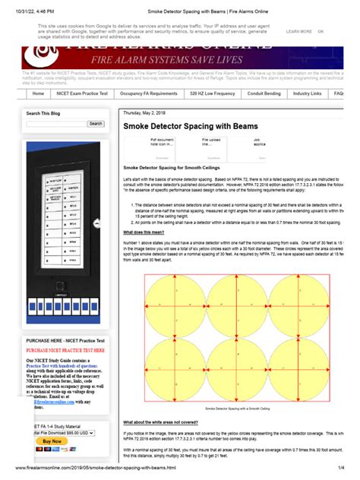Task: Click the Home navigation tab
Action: [38, 93]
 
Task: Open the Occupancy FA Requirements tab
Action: [148, 93]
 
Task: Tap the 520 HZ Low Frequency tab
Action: [212, 93]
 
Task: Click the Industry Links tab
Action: [308, 93]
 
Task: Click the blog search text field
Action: [55, 123]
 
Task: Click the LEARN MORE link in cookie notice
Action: [298, 32]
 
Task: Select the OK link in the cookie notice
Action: [321, 32]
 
